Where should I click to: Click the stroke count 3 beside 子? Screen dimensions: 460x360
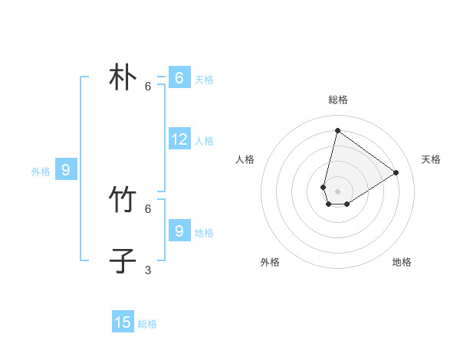point(148,270)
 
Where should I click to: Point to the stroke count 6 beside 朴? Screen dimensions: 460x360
point(148,87)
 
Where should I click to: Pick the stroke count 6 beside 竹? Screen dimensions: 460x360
point(148,208)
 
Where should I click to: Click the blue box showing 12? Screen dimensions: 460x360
point(179,139)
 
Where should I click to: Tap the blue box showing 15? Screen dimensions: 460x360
point(123,322)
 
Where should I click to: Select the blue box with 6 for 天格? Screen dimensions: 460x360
point(179,78)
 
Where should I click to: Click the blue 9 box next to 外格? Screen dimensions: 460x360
point(66,170)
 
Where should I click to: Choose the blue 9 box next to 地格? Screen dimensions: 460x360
point(179,231)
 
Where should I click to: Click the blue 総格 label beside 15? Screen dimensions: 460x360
point(147,324)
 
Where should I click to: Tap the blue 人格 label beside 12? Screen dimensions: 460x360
point(204,141)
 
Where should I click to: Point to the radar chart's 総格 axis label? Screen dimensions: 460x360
point(338,100)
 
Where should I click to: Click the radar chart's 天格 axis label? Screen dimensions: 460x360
point(431,159)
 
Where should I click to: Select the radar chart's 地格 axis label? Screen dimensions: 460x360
point(402,262)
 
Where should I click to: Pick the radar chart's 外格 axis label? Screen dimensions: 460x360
point(270,262)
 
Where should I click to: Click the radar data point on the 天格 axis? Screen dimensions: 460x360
point(396,172)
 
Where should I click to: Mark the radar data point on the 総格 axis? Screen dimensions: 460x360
point(337,130)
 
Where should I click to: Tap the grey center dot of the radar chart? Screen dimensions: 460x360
point(337,191)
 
